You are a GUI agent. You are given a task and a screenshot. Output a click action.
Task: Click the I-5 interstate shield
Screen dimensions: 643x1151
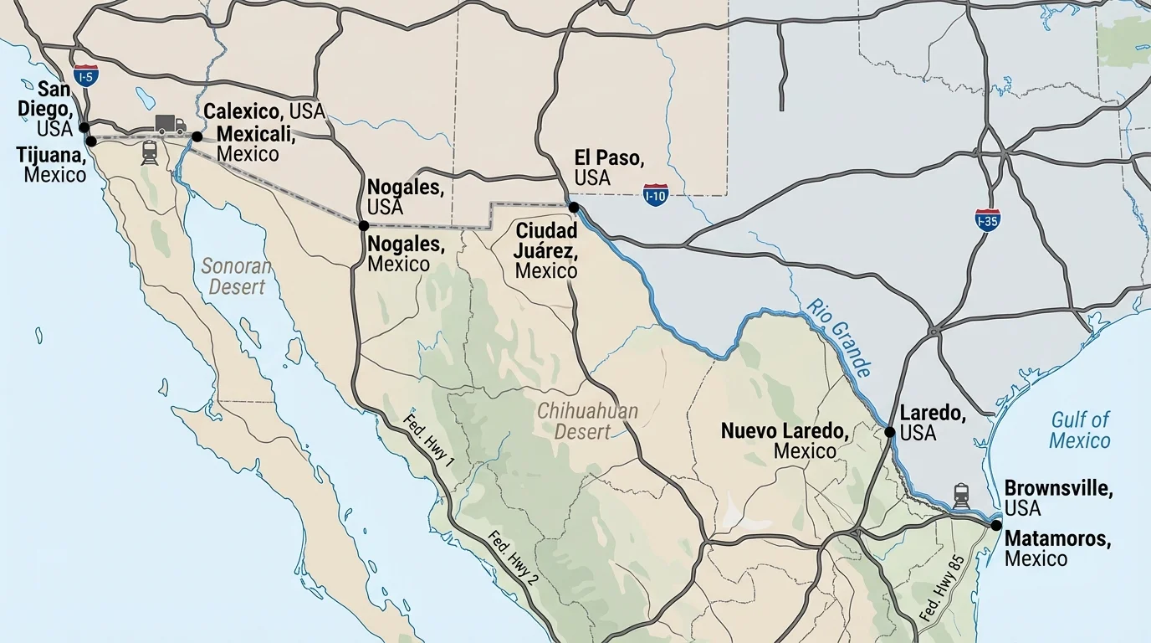click(x=85, y=76)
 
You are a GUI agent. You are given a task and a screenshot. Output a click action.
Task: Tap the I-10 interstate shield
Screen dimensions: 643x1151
click(x=656, y=196)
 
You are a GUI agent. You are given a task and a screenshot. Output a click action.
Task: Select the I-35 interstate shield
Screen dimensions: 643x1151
click(x=988, y=220)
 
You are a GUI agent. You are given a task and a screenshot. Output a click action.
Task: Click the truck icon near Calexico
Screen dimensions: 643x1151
click(x=170, y=125)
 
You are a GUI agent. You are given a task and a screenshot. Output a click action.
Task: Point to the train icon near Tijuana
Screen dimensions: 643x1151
click(x=150, y=152)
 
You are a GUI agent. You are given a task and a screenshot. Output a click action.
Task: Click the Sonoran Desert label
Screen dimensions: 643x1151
click(x=237, y=276)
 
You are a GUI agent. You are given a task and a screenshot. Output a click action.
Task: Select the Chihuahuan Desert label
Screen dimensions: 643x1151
click(x=587, y=421)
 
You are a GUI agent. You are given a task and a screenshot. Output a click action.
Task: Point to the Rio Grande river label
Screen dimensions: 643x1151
click(x=840, y=337)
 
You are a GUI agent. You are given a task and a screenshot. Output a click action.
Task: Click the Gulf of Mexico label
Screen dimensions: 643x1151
click(x=1080, y=430)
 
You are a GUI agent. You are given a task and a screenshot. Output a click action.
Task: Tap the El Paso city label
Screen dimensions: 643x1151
click(x=608, y=167)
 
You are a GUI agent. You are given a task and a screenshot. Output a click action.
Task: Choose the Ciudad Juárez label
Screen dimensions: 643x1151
click(x=546, y=249)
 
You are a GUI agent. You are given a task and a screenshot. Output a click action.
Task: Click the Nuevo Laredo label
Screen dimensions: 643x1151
click(x=785, y=440)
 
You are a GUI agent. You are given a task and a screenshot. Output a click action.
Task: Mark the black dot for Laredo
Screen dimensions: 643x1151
click(x=890, y=432)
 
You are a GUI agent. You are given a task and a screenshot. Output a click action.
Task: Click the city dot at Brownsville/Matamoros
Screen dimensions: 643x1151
click(x=995, y=525)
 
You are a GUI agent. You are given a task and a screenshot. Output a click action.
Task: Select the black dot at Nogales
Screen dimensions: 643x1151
click(x=364, y=225)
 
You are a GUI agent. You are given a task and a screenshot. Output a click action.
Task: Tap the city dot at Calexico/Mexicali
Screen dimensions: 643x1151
click(x=197, y=136)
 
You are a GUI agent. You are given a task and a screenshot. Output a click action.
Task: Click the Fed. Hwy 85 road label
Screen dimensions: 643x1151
click(x=942, y=588)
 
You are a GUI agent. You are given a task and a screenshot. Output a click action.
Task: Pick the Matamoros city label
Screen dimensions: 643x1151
click(x=1057, y=548)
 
